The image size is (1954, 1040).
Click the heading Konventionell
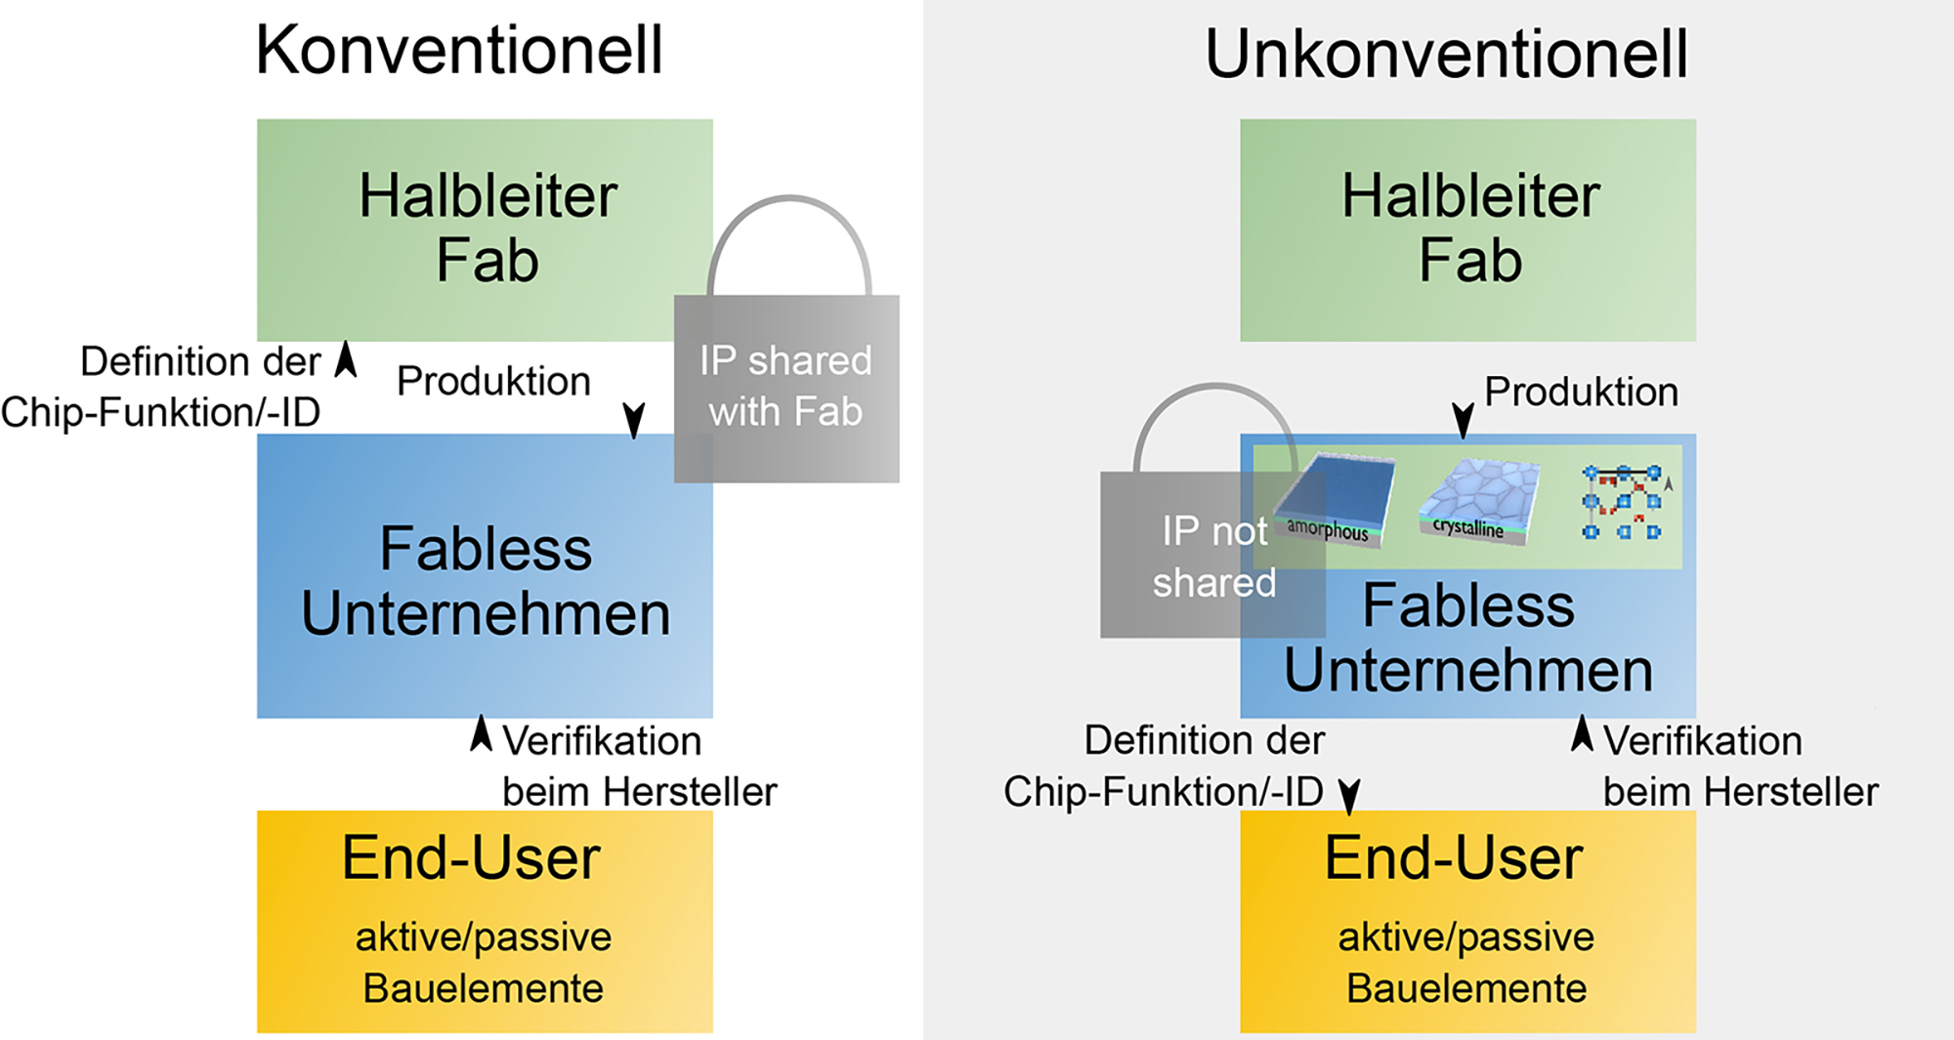[x=459, y=51]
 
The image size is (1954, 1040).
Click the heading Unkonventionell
[x=1446, y=55]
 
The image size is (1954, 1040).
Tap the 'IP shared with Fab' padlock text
[x=786, y=387]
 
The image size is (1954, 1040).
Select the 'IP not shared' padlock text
[x=1214, y=557]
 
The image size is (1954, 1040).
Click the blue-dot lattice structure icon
[x=1622, y=503]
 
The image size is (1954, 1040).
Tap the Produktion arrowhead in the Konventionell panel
[x=634, y=420]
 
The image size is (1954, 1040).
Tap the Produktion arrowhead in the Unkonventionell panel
[x=1463, y=420]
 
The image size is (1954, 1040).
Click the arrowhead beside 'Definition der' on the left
[x=346, y=359]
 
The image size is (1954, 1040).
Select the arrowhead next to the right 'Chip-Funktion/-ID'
[x=1349, y=796]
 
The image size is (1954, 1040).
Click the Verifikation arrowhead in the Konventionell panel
[x=481, y=733]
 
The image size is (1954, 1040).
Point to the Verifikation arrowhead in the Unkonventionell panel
[x=1582, y=733]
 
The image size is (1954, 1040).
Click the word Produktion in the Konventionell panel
[x=493, y=382]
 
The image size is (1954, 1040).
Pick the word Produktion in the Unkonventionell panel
[x=1581, y=393]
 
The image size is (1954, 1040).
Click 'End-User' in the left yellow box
[x=471, y=858]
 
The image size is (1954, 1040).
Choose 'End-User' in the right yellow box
[x=1454, y=858]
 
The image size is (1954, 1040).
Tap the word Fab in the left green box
[x=488, y=261]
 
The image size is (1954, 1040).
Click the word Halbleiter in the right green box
[x=1470, y=196]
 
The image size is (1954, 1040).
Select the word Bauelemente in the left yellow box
[x=484, y=989]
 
